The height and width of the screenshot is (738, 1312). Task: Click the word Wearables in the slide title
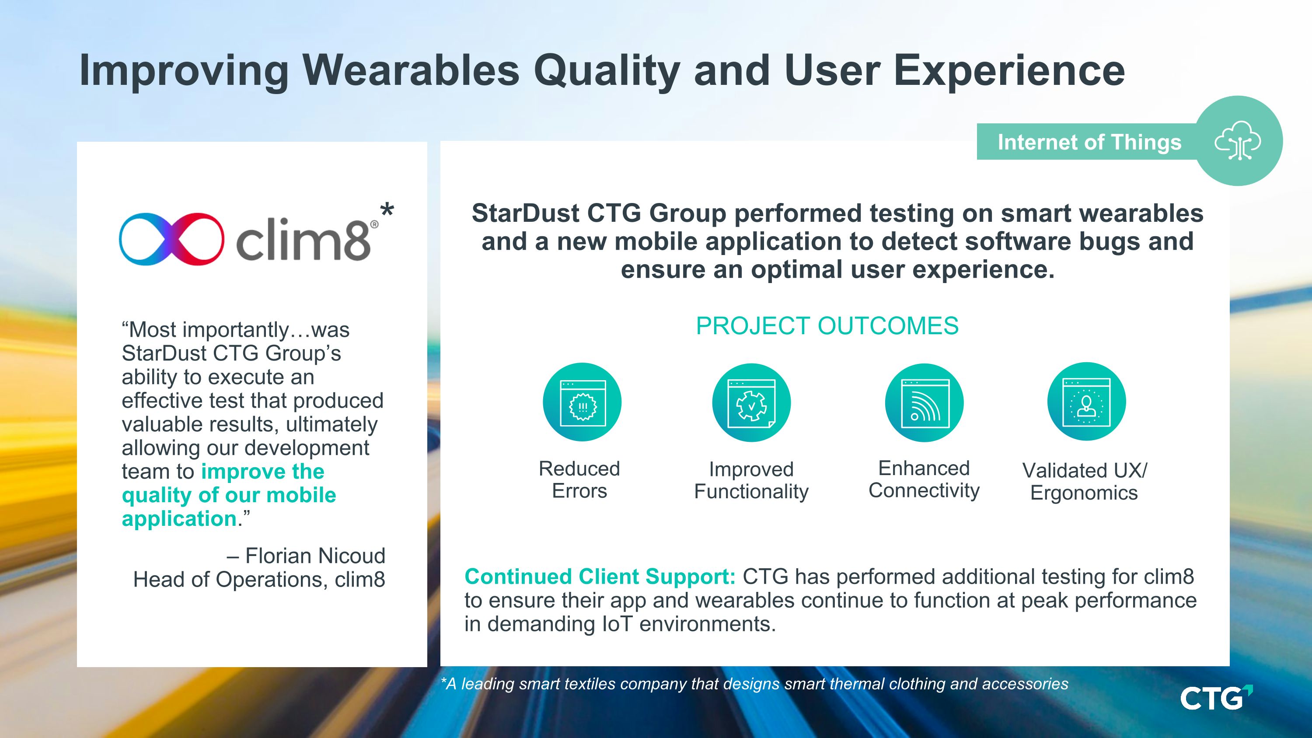tap(412, 70)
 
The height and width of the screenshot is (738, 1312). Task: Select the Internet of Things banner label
tap(1089, 142)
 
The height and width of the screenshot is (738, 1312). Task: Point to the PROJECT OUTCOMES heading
tap(827, 326)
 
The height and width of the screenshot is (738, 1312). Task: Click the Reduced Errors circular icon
tap(582, 402)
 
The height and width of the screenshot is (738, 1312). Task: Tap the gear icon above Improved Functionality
tap(751, 402)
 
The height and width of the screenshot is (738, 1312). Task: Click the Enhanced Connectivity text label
tap(924, 479)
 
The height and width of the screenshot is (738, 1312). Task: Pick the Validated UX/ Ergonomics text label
tap(1084, 481)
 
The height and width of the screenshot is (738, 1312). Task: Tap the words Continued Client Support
tap(600, 577)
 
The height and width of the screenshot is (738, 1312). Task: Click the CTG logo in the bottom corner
tap(1216, 698)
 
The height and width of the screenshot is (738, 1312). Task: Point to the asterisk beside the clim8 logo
tap(387, 210)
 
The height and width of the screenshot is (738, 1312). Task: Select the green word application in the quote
tap(179, 519)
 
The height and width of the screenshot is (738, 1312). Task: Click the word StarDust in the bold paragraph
tap(526, 213)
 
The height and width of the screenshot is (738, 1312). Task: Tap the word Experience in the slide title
tap(1009, 70)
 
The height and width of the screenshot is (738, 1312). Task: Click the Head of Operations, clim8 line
tap(259, 580)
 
